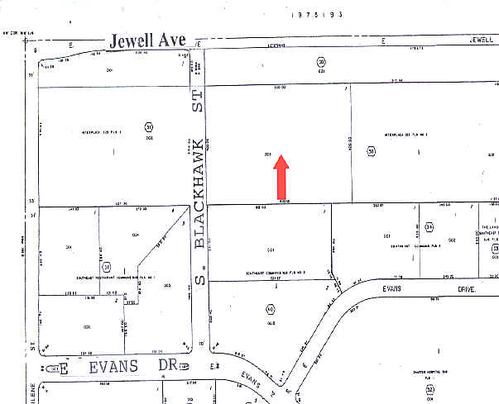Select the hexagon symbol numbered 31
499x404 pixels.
149,126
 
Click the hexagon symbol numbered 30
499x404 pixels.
372,150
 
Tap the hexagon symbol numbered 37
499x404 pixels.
106,267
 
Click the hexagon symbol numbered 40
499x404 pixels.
270,309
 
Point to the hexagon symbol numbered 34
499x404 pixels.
429,226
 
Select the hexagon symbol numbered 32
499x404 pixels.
430,387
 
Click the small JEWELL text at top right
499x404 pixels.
481,39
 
